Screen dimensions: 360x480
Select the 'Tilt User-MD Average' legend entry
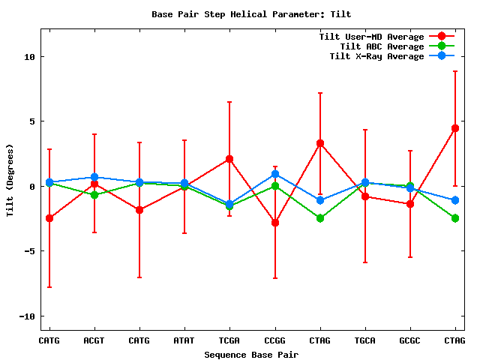click(x=371, y=37)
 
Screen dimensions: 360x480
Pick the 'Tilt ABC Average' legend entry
click(x=382, y=46)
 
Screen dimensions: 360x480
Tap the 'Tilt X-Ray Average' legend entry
click(x=376, y=56)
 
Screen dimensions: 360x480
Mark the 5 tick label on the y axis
click(x=32, y=121)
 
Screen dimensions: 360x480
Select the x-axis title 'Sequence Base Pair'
click(x=251, y=354)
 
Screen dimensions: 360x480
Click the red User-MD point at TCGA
click(x=229, y=159)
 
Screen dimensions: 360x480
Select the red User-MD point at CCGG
click(x=275, y=223)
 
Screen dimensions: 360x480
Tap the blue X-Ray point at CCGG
click(x=275, y=174)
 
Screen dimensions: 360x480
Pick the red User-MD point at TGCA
click(x=365, y=196)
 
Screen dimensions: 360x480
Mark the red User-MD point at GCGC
click(x=410, y=204)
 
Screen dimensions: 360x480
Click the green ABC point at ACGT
click(x=94, y=195)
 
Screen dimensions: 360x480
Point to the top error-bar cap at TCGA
click(x=229, y=102)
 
